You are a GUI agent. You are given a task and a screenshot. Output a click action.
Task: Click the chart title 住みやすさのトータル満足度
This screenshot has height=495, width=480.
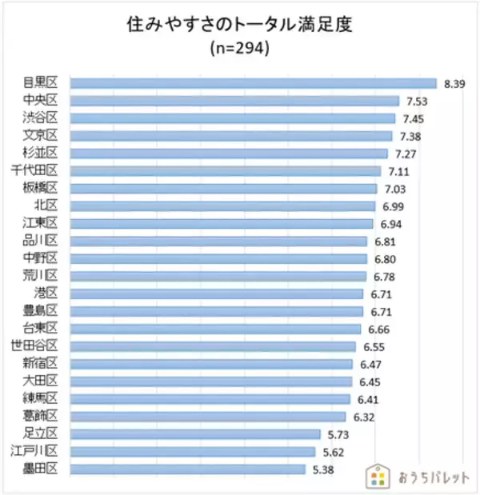click(x=240, y=24)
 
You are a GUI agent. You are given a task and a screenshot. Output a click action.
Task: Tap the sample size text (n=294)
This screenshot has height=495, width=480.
click(x=240, y=49)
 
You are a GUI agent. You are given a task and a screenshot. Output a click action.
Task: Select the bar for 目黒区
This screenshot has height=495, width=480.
click(x=254, y=83)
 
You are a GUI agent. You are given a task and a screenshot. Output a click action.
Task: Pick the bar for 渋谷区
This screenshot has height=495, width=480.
click(x=233, y=118)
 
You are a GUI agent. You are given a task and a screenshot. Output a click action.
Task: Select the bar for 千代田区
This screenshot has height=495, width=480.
click(x=226, y=170)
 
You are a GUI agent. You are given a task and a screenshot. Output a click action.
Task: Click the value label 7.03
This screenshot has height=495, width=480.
click(x=395, y=189)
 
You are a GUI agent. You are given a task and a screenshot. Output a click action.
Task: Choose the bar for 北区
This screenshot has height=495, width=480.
click(x=222, y=206)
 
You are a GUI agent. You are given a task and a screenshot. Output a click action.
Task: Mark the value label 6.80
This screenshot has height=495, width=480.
click(x=385, y=259)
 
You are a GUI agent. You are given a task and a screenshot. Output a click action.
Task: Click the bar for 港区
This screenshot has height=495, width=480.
click(x=217, y=293)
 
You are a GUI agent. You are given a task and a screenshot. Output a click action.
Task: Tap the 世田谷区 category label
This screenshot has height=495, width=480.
click(x=35, y=346)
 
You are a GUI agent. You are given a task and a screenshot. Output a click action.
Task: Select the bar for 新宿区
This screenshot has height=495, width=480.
click(x=211, y=364)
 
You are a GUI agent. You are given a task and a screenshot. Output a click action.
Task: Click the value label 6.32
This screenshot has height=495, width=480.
click(x=363, y=417)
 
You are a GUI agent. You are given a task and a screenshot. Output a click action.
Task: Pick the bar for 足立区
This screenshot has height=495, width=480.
click(x=195, y=434)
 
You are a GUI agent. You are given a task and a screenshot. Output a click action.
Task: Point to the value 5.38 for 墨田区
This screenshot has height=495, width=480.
click(x=323, y=469)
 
